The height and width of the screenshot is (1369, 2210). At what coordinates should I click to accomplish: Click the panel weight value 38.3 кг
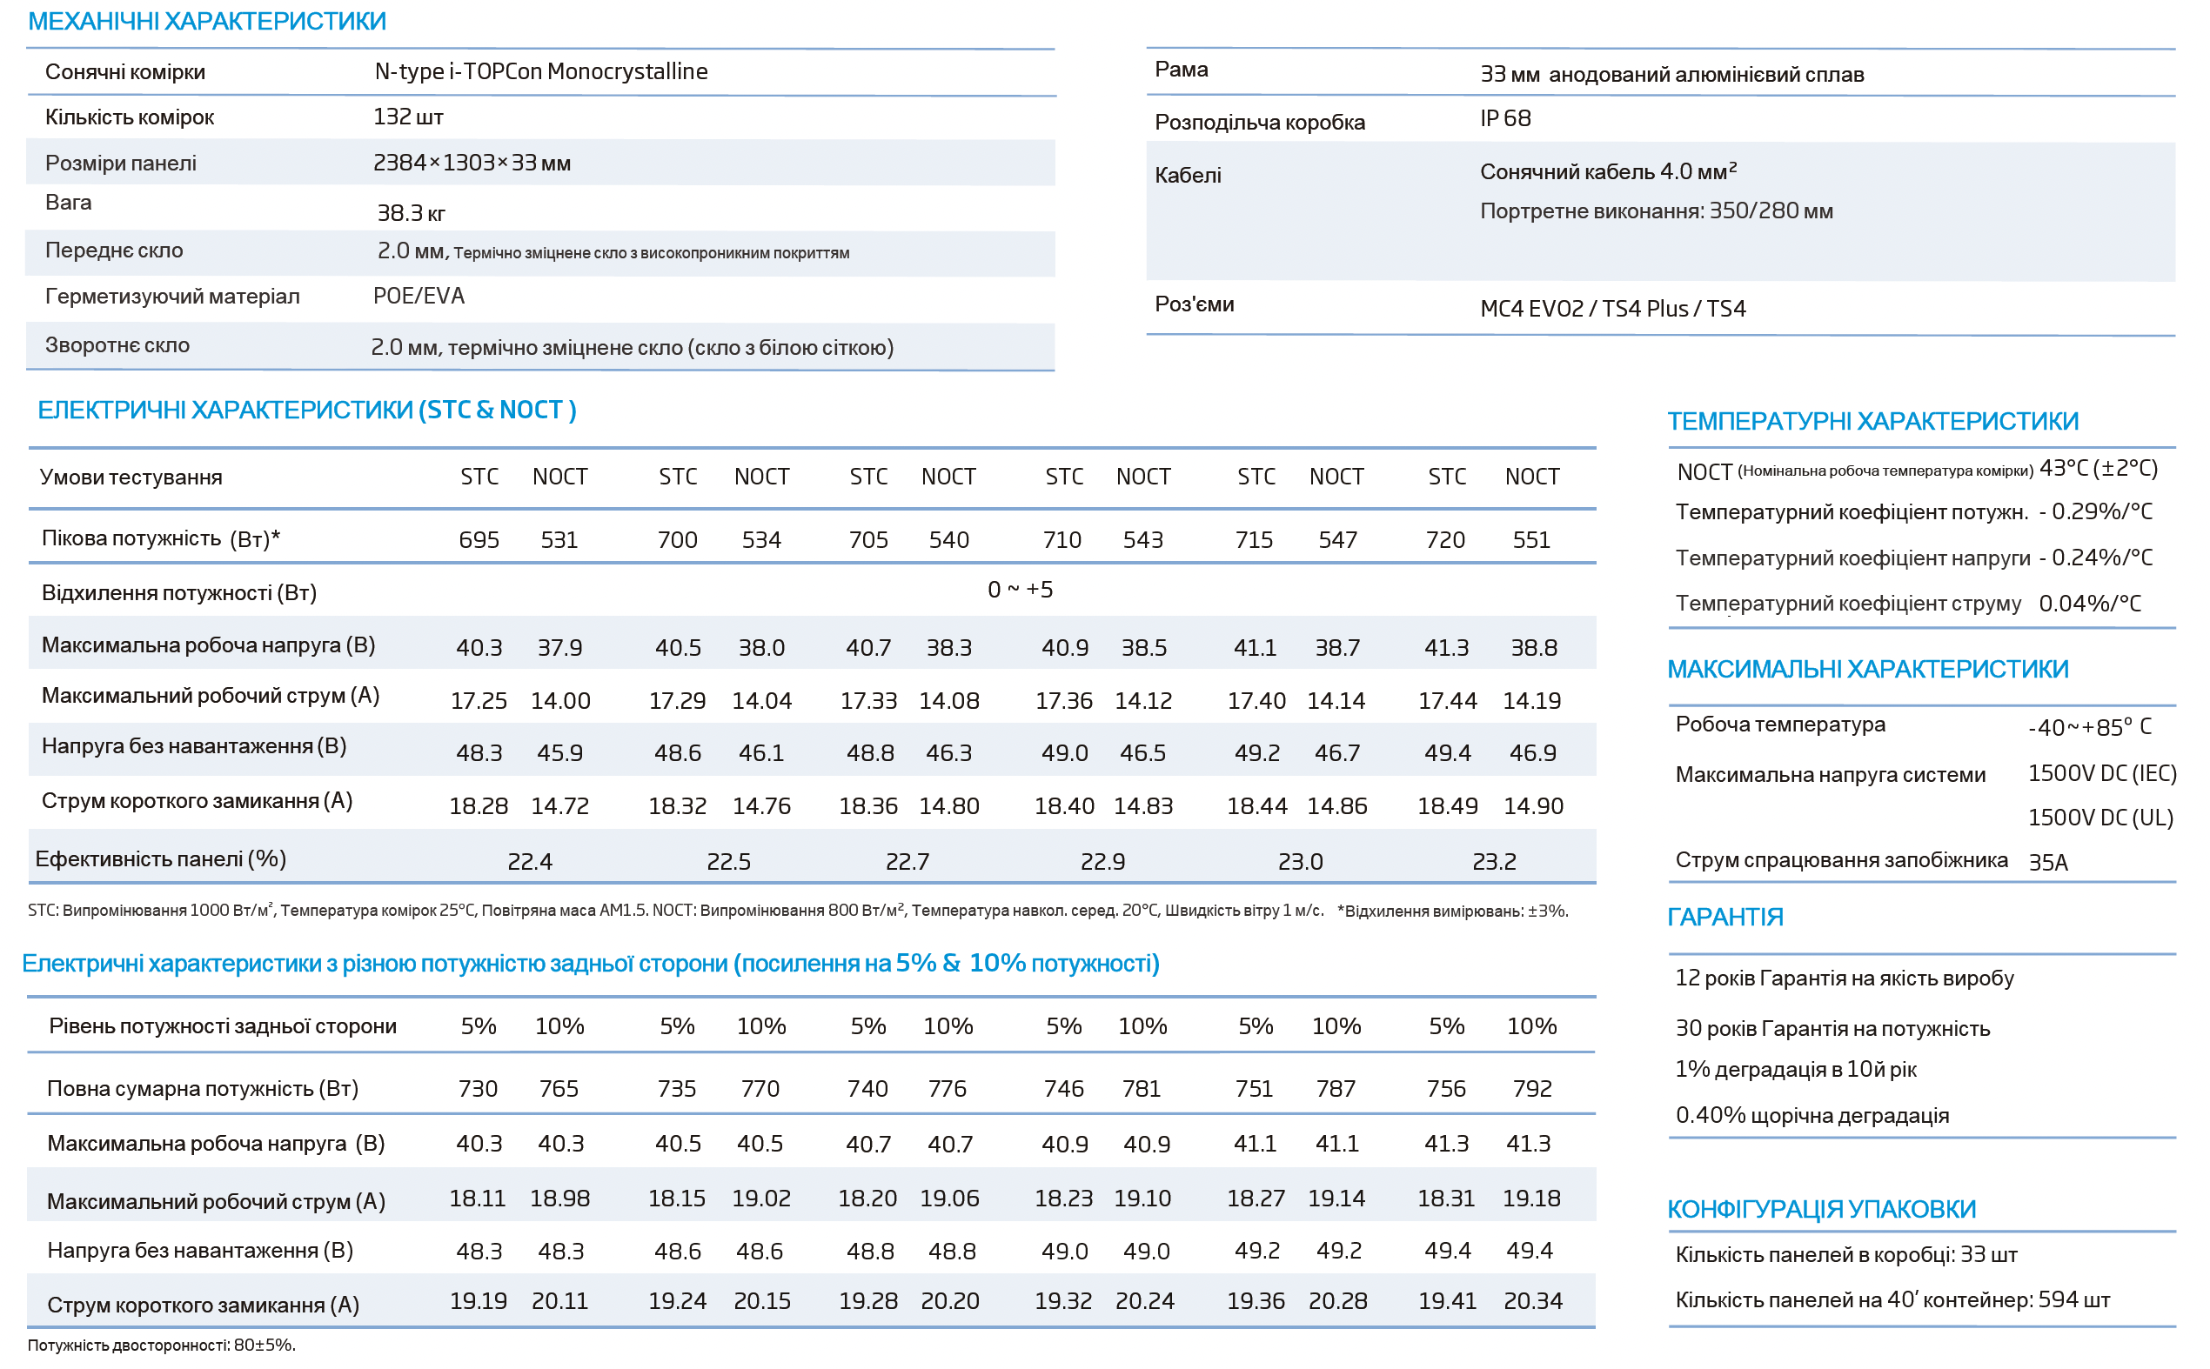click(x=412, y=213)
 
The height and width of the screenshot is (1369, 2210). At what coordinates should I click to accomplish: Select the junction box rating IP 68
click(x=1504, y=118)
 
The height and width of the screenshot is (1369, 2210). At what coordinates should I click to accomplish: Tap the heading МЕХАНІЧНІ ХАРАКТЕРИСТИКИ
click(x=207, y=21)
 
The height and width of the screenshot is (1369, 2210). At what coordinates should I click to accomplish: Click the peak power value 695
click(x=479, y=539)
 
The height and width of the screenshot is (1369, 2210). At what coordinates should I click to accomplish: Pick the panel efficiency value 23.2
click(x=1494, y=861)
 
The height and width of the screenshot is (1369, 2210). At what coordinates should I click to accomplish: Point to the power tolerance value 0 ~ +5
click(x=1020, y=590)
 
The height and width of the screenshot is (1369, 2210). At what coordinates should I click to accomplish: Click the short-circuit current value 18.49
click(x=1447, y=805)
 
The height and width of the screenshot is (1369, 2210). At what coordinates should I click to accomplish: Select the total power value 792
click(x=1531, y=1088)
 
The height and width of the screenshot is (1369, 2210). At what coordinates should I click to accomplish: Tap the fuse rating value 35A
click(x=2048, y=862)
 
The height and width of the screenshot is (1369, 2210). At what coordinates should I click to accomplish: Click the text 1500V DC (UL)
click(x=2100, y=818)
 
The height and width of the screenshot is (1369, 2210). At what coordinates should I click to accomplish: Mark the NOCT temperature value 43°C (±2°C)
click(x=2099, y=468)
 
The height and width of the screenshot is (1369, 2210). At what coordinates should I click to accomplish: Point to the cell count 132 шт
click(x=408, y=117)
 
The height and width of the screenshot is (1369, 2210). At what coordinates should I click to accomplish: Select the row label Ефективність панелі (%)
click(x=160, y=858)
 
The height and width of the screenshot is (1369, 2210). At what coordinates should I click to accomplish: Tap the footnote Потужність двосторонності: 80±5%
click(x=161, y=1345)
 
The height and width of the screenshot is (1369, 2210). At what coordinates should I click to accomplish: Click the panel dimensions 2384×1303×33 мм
click(x=472, y=163)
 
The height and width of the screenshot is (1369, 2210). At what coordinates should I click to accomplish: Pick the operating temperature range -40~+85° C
click(x=2090, y=727)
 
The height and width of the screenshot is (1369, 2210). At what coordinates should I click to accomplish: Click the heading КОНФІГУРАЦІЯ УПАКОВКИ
click(x=1821, y=1210)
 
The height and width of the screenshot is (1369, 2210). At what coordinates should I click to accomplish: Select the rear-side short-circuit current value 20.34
click(x=1532, y=1301)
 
